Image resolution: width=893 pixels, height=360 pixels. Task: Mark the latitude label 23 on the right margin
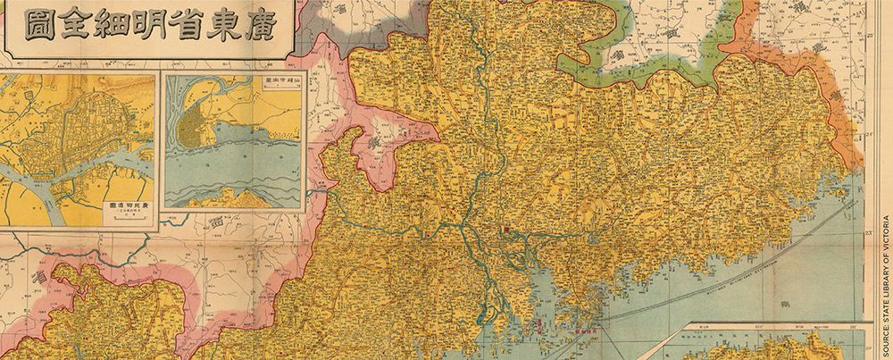pyautogui.click(x=869, y=235)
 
